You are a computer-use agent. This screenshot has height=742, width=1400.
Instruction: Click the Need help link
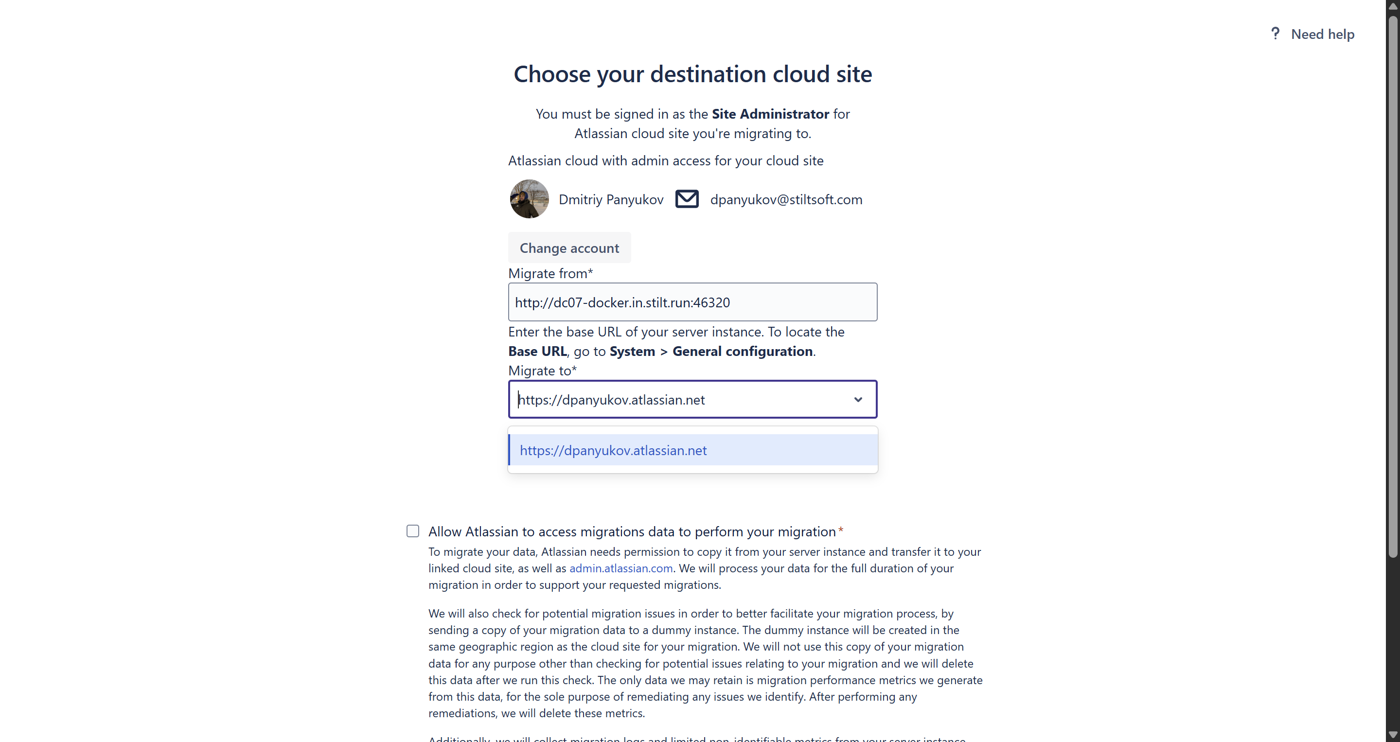1322,34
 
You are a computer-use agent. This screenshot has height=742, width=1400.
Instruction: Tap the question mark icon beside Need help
1275,34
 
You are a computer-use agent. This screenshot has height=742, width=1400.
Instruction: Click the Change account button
569,248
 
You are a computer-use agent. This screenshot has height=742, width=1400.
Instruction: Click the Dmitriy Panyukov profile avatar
529,199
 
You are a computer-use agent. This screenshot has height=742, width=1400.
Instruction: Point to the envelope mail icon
687,199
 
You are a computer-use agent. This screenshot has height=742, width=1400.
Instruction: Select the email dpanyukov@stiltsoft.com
786,199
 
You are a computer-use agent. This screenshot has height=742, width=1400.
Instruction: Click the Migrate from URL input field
692,302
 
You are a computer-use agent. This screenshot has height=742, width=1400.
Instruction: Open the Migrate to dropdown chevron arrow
858,400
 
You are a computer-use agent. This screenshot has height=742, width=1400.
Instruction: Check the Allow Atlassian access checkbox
413,531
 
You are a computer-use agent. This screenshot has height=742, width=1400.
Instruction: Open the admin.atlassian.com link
620,568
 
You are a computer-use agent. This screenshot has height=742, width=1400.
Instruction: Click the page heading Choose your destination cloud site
692,74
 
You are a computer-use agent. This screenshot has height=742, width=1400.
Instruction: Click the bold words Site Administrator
770,114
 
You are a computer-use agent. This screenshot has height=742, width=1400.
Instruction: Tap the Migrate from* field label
550,273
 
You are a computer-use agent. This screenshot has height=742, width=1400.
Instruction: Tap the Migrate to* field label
542,371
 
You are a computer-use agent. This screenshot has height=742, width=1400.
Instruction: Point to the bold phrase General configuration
743,351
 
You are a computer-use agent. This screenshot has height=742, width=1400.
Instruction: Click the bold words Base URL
537,351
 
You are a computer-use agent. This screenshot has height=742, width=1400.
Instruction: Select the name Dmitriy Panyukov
611,199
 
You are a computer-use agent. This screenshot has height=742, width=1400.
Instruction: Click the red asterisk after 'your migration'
841,530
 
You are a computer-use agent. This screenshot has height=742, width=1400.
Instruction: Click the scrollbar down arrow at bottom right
1392,736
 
